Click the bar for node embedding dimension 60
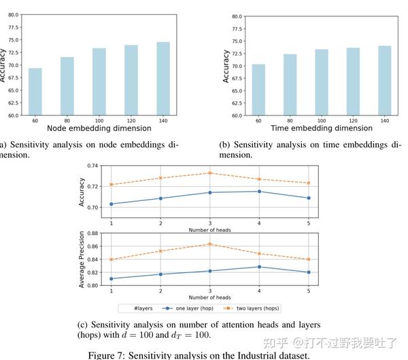[x=35, y=92]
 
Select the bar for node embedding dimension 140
[x=163, y=79]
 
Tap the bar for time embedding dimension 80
[x=290, y=85]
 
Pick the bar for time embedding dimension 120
[x=353, y=82]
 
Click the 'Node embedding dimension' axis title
[x=99, y=128]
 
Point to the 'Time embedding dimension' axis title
[x=322, y=128]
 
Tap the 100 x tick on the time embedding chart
[x=322, y=120]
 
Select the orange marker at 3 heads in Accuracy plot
[x=210, y=173]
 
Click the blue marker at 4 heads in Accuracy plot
[x=259, y=192]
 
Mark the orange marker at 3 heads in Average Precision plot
[x=210, y=244]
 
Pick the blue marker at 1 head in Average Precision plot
[x=112, y=278]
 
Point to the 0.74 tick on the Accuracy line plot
[x=93, y=165]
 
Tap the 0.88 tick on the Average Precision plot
[x=93, y=234]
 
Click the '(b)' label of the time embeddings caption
[x=225, y=145]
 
